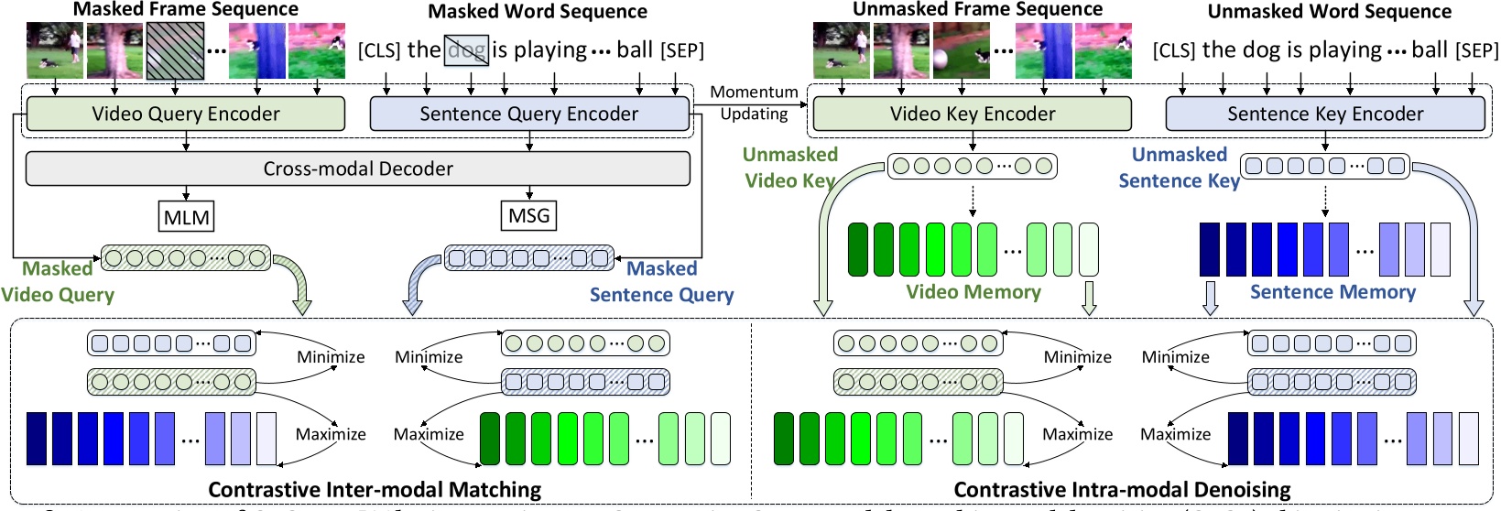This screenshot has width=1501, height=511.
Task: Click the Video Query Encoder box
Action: pos(186,114)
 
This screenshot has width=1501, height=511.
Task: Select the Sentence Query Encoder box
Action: pos(528,114)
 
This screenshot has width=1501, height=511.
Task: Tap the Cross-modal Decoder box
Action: pos(358,169)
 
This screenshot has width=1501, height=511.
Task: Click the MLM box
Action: pos(187,217)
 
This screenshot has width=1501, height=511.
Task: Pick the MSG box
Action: pos(529,216)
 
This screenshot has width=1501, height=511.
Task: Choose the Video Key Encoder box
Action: pos(973,114)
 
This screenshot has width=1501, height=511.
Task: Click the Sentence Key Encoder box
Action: pos(1325,114)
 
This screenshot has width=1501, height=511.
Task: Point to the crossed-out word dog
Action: pos(467,49)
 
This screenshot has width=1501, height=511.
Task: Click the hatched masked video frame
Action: pos(175,50)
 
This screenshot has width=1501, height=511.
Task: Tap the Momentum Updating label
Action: pos(754,103)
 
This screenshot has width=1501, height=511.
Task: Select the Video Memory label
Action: pos(973,292)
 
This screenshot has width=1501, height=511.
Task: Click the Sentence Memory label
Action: pos(1332,292)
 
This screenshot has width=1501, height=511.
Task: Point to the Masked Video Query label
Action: pos(58,282)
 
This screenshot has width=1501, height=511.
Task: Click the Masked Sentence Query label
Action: pos(661,282)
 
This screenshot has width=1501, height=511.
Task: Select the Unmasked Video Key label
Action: pos(790,168)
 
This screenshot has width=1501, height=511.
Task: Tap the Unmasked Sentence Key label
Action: pos(1179,168)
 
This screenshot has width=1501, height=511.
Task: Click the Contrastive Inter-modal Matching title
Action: pos(375,490)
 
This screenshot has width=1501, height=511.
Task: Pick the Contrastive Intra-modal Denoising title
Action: pos(1122,490)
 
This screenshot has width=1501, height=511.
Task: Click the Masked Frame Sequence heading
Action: pos(186,9)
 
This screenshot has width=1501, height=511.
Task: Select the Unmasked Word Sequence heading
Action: pos(1329,12)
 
